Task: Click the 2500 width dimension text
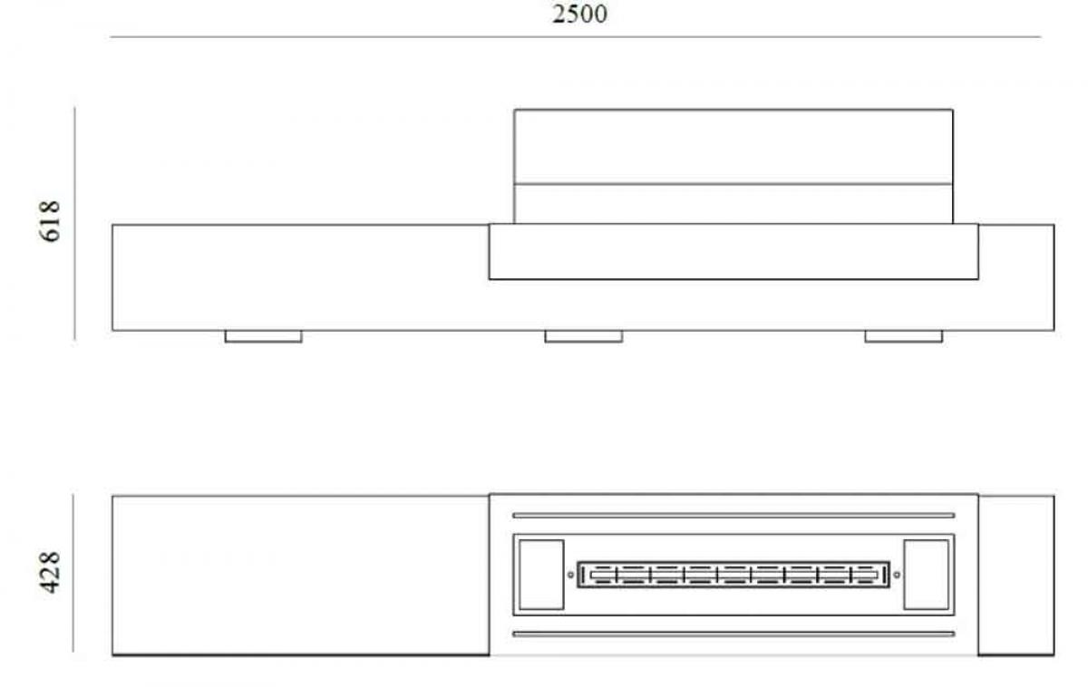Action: (x=580, y=15)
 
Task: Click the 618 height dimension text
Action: (x=51, y=220)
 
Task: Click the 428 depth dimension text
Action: (x=51, y=572)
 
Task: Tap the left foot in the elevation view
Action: (x=263, y=336)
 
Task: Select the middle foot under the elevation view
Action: (x=583, y=336)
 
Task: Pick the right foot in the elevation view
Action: (x=903, y=336)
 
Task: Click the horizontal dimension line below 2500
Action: (x=575, y=37)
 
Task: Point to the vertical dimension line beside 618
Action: (x=75, y=223)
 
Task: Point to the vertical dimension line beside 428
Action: (x=73, y=573)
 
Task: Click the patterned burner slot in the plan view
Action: (x=733, y=574)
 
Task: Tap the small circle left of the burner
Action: (x=570, y=574)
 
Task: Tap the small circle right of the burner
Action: (x=897, y=574)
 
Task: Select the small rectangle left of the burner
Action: (x=540, y=574)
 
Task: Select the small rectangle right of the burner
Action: (x=926, y=574)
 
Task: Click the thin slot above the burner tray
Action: (x=733, y=515)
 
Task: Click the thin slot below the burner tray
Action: (x=733, y=634)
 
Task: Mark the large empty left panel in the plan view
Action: (x=300, y=575)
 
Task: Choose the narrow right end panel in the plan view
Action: (x=1015, y=575)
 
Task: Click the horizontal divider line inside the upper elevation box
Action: (x=733, y=184)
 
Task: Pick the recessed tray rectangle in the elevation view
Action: (x=733, y=252)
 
